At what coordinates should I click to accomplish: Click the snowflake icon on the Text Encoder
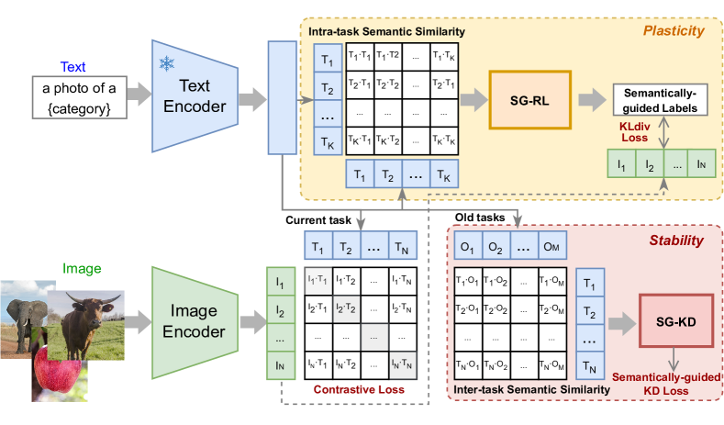pyautogui.click(x=167, y=63)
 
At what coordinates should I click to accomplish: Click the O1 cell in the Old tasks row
pyautogui.click(x=467, y=247)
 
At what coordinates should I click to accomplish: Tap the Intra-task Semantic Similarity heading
pyautogui.click(x=386, y=32)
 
